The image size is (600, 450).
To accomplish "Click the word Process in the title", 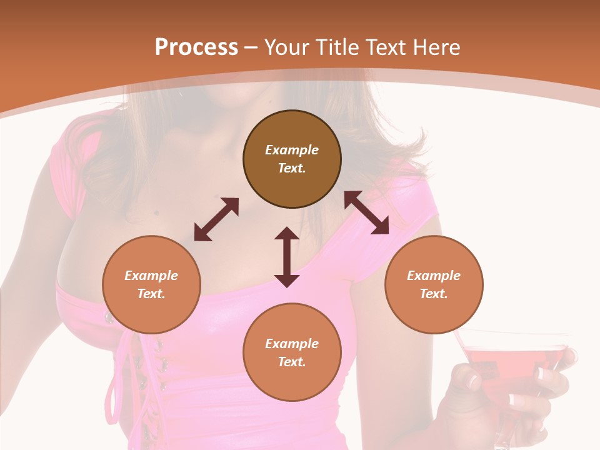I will [196, 47].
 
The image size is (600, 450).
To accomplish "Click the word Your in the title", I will [288, 47].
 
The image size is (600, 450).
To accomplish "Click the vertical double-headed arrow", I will [287, 257].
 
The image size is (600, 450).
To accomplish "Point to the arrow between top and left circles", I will [216, 219].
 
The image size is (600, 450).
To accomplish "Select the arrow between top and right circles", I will [367, 213].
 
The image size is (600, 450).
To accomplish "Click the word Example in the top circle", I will [292, 150].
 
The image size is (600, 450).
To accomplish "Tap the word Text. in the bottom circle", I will [292, 362].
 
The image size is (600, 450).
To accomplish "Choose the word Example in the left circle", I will [151, 276].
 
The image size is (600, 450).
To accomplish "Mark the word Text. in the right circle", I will [434, 294].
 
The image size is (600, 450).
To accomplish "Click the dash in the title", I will [251, 47].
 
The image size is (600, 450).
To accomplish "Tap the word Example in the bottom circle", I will [292, 344].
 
